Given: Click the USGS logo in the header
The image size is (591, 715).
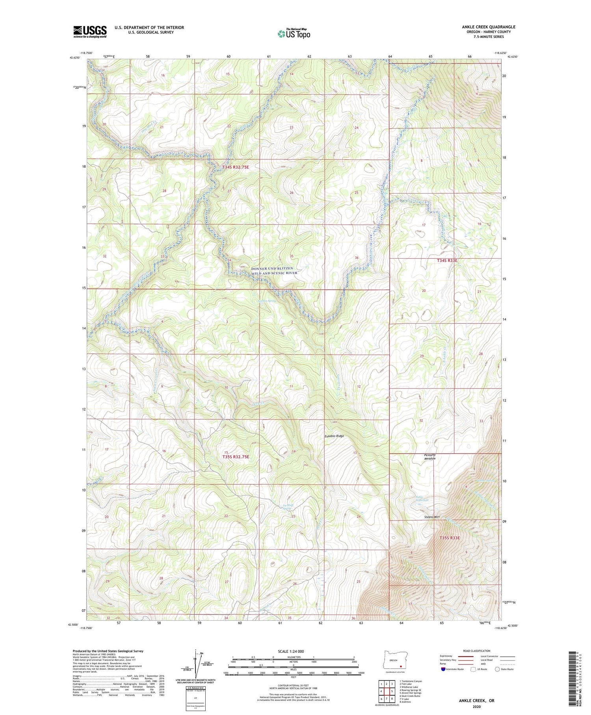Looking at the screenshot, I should [90, 32].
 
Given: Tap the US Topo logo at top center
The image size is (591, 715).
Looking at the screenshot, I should [294, 34].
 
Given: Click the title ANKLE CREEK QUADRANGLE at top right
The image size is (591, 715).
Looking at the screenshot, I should [489, 27].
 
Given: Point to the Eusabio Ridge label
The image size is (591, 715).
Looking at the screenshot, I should [334, 436].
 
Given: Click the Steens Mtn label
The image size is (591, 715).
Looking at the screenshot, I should [432, 517].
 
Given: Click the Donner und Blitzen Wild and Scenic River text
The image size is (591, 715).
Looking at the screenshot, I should [274, 271].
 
